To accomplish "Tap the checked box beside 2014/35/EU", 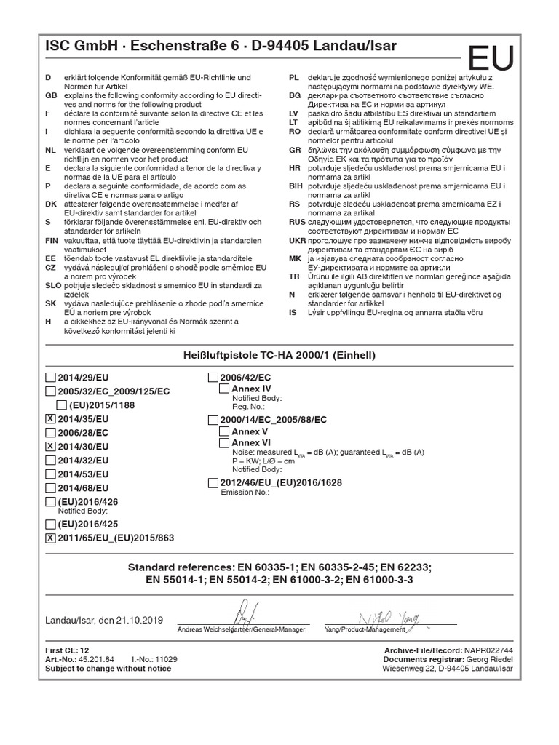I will click(x=49, y=419).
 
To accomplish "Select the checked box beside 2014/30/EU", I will click(x=49, y=446).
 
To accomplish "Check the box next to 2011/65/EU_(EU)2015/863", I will click(x=49, y=538).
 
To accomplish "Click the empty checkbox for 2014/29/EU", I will click(x=49, y=378).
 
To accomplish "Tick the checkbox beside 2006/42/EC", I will click(x=213, y=378).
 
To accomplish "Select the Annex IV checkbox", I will click(x=224, y=390).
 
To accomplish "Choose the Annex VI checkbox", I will click(x=224, y=442).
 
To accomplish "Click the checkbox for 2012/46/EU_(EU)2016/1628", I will click(x=213, y=483).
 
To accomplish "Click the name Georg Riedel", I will click(x=489, y=658).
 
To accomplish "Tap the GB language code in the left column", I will click(x=50, y=96).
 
